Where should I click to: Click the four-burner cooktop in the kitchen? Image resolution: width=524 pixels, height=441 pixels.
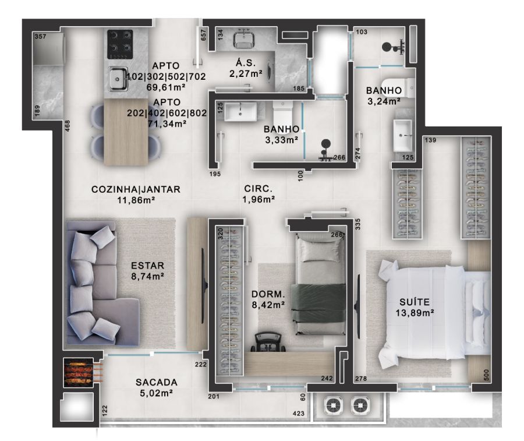(120, 44)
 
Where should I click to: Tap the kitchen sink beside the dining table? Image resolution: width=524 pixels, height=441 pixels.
(118, 79)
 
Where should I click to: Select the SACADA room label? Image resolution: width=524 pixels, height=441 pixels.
(157, 382)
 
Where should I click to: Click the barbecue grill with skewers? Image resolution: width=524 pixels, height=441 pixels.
(79, 372)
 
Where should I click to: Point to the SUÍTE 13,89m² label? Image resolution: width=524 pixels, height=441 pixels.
(415, 308)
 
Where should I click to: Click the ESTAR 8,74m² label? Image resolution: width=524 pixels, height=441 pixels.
(147, 271)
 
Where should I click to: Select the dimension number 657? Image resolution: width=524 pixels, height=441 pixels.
(203, 35)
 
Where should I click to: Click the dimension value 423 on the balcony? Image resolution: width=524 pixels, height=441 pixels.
(299, 414)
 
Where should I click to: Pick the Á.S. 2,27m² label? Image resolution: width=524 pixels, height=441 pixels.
(246, 68)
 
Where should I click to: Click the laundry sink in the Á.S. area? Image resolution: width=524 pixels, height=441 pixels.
(244, 40)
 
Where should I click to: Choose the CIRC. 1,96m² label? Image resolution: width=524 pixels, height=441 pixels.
(259, 194)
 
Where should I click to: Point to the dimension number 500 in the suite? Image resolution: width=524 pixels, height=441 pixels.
(486, 375)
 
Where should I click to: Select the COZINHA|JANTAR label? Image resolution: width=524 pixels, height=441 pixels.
(136, 189)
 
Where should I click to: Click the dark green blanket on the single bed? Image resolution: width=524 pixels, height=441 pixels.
(318, 302)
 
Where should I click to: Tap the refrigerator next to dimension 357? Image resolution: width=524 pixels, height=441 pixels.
(49, 48)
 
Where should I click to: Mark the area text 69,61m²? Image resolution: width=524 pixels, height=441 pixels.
(166, 87)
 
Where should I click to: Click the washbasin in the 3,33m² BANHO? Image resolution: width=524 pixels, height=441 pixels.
(240, 112)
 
